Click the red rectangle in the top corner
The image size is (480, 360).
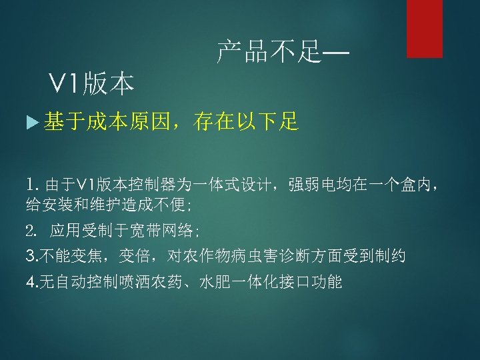pyautogui.click(x=425, y=28)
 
